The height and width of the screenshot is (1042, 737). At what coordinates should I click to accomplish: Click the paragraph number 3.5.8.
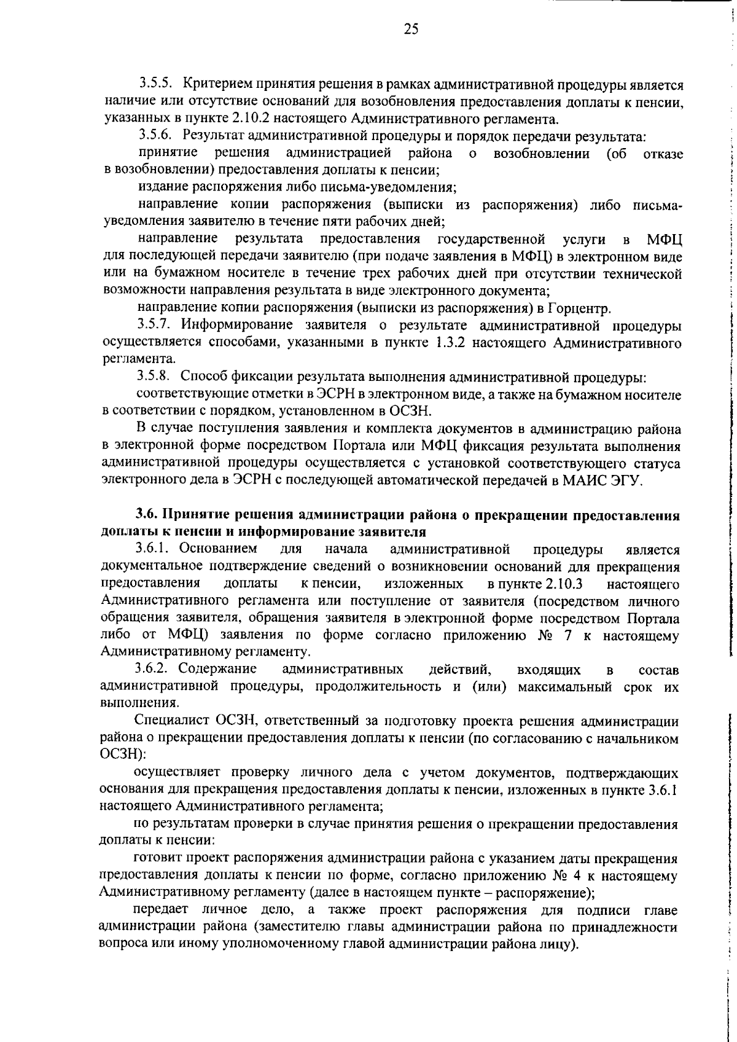(x=157, y=376)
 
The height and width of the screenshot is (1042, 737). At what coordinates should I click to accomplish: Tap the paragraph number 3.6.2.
(x=155, y=668)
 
